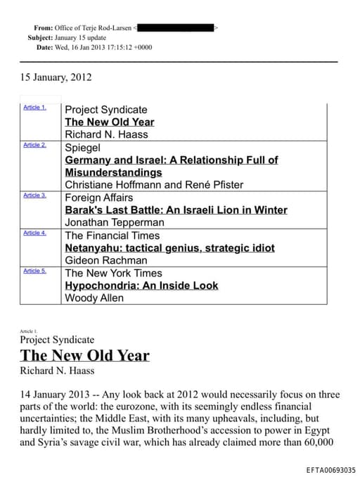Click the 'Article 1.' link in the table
pos(34,107)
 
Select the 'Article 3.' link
pos(34,195)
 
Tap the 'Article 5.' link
pos(34,270)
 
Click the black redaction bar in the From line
pos(176,27)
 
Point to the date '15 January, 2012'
pos(56,77)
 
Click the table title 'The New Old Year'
pos(109,122)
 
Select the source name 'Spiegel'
pos(82,148)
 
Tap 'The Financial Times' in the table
pos(112,235)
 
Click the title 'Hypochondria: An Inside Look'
pos(141,286)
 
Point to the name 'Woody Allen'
pos(94,298)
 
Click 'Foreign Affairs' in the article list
pos(98,198)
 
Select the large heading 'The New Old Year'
pos(84,355)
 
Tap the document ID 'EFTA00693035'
pos(330,469)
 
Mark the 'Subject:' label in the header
pos(40,37)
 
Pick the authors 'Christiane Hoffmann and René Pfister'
pos(154,184)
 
